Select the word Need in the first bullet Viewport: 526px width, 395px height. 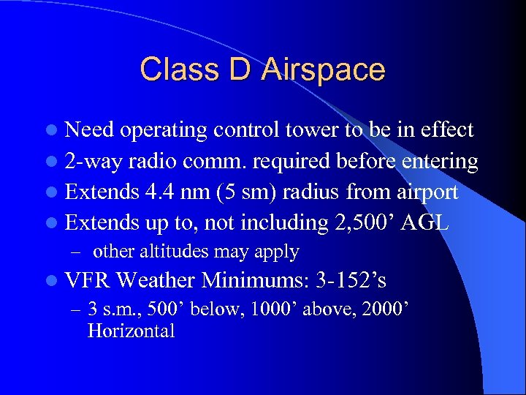coord(91,130)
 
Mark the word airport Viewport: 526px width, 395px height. coord(424,192)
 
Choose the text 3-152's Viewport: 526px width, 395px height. coord(351,281)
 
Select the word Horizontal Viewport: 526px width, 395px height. coord(131,331)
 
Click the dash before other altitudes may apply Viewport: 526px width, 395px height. coord(75,252)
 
